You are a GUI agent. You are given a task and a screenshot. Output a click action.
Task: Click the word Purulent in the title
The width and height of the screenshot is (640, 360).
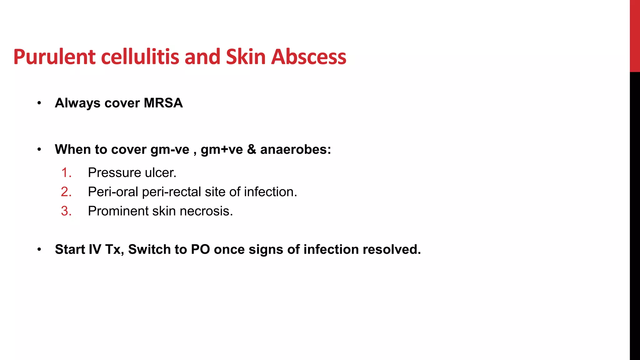(54, 57)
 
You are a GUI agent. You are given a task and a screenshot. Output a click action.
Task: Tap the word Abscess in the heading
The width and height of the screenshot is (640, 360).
(308, 57)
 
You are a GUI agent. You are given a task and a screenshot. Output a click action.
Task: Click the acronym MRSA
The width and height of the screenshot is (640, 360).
(163, 103)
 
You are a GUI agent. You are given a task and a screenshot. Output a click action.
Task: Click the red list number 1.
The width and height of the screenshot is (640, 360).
(66, 173)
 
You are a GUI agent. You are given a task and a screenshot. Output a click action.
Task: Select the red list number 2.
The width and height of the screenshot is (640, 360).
(66, 192)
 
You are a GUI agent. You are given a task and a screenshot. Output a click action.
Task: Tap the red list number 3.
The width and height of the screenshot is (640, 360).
(66, 211)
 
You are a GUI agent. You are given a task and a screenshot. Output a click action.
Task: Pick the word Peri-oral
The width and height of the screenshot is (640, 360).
(113, 192)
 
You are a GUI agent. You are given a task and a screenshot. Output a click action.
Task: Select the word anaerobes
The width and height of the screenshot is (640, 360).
(295, 149)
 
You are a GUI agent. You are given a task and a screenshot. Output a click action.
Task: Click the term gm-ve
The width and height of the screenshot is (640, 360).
(170, 149)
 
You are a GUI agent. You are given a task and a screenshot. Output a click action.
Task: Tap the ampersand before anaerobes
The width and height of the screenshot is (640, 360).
(251, 149)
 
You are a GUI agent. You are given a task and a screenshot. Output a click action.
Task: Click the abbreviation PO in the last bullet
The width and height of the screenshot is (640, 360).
(200, 249)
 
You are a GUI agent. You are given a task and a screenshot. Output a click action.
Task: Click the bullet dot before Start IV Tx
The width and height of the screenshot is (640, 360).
(39, 250)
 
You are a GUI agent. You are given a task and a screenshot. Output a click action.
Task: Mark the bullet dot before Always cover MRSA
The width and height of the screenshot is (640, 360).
(39, 103)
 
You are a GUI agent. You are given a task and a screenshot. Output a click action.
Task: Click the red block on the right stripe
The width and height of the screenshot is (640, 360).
(635, 36)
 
